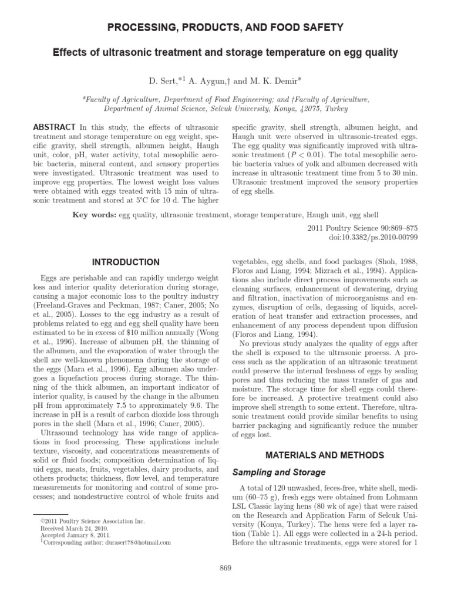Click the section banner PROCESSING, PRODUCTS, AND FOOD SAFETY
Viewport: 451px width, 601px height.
[x=225, y=28]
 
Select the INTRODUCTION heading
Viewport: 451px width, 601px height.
[x=126, y=262]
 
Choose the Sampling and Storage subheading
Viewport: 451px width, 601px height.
[x=278, y=472]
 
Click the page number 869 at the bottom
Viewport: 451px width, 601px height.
[x=225, y=568]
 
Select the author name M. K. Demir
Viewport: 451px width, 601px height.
[x=275, y=78]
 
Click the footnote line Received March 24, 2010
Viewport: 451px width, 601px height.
[x=72, y=528]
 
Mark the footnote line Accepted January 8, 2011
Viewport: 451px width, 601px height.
[x=71, y=535]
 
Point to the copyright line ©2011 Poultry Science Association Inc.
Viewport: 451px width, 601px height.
[x=92, y=521]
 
